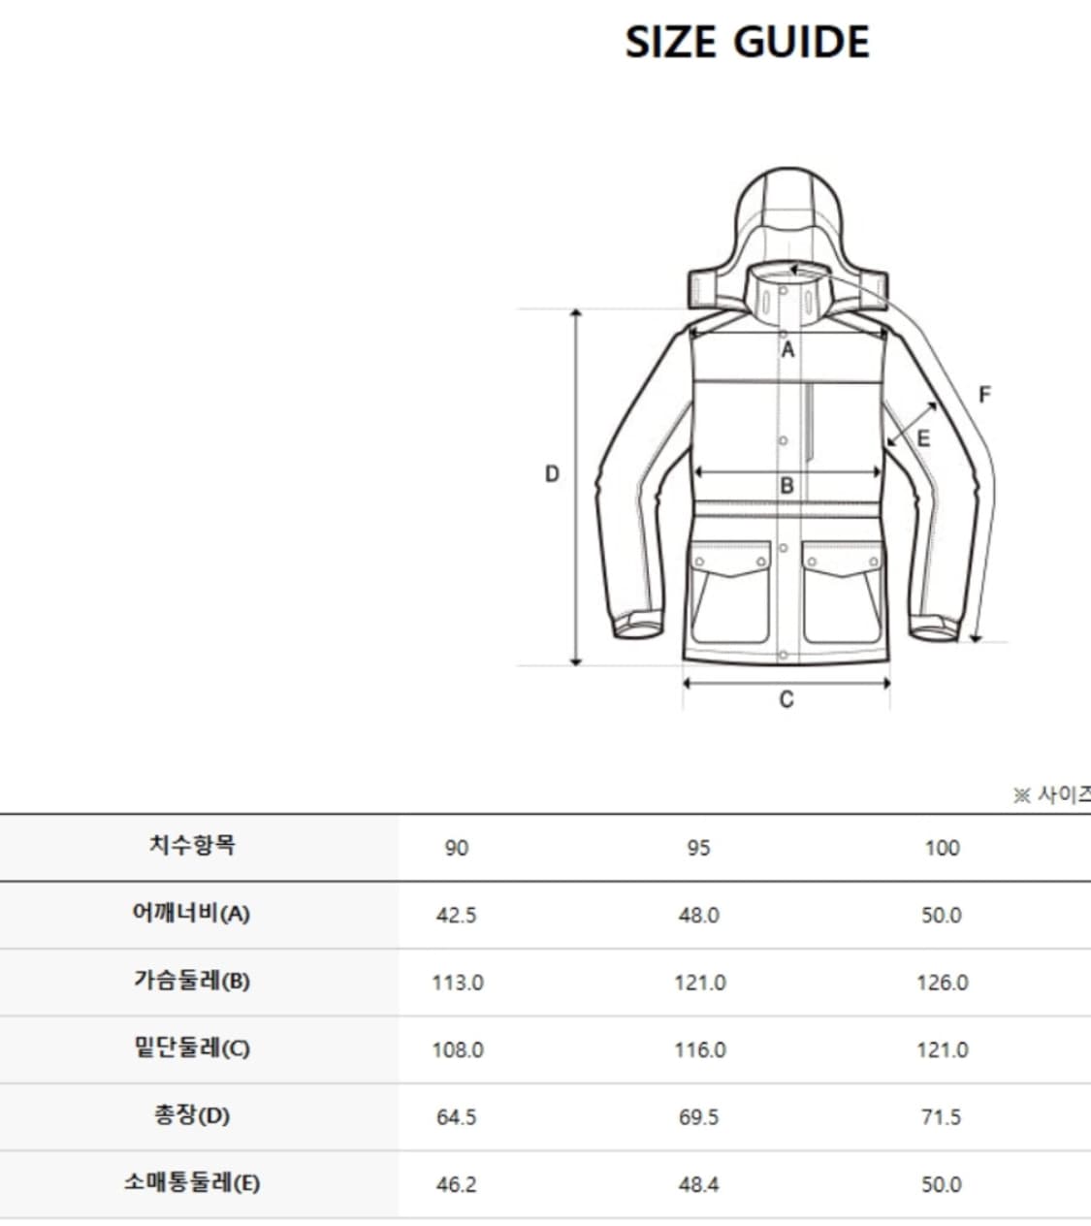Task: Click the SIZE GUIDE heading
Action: [x=748, y=42]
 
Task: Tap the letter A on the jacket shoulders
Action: [x=787, y=349]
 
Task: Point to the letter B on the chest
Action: [x=786, y=485]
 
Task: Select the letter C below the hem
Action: [x=786, y=699]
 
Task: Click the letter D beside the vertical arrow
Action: [x=552, y=474]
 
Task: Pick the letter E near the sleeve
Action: [x=923, y=438]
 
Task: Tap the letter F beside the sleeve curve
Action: [x=985, y=395]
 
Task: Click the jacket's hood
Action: [x=787, y=236]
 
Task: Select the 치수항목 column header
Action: [x=192, y=845]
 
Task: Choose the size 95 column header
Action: [x=698, y=848]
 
